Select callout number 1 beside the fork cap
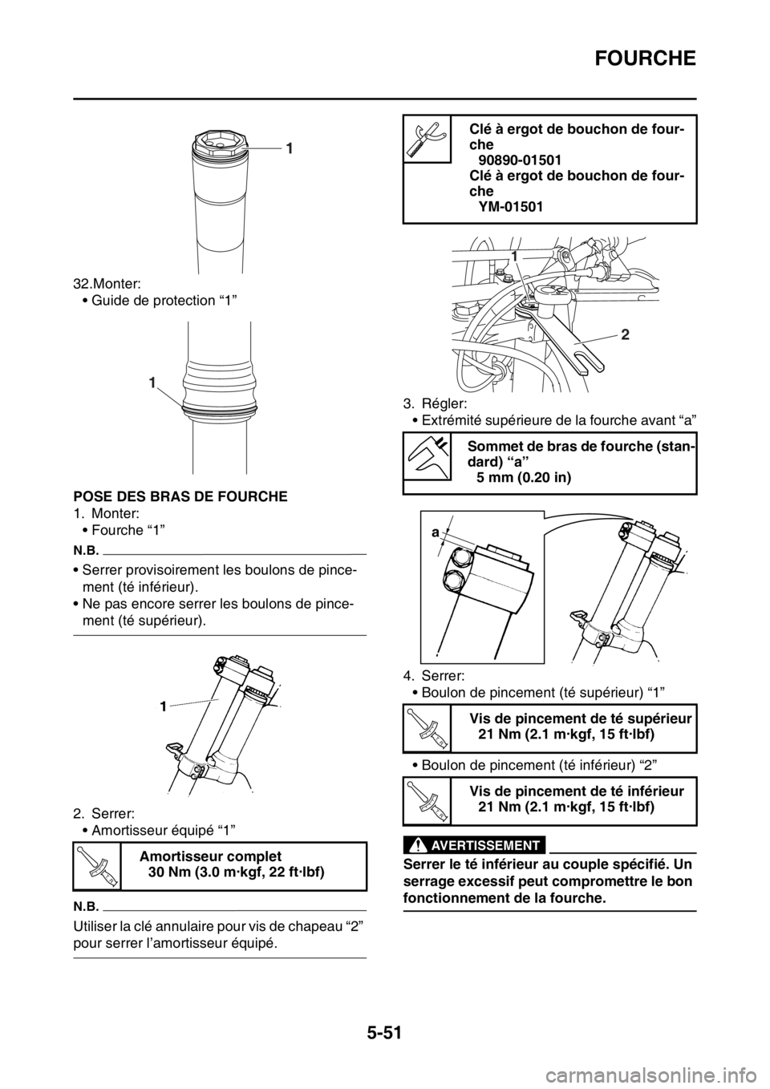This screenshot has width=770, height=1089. pos(290,148)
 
